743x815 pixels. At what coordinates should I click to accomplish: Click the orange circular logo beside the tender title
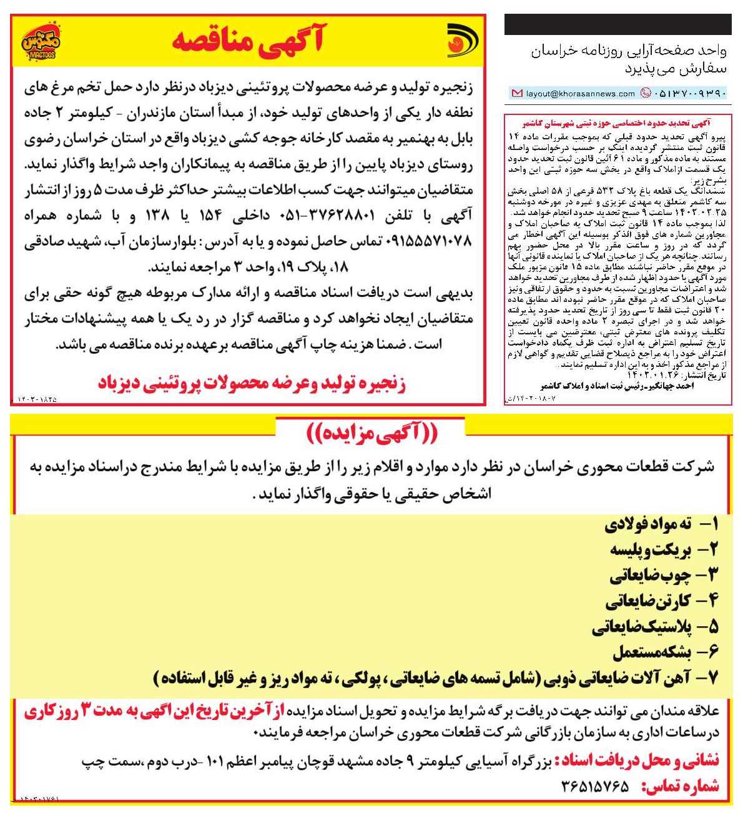463,41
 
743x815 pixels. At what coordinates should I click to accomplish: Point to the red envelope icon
516,94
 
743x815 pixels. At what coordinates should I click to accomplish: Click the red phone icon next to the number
646,94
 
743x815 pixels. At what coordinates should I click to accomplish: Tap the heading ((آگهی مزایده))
371,432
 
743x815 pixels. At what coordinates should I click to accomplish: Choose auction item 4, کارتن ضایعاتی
662,601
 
